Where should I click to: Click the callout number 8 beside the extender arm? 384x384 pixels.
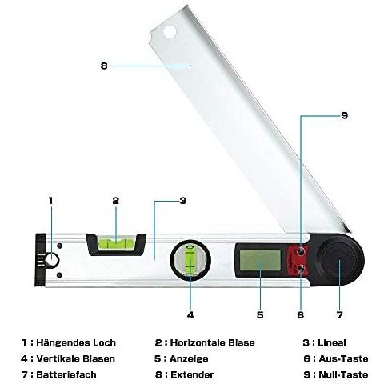pyautogui.click(x=104, y=66)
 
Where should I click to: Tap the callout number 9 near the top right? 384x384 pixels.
pyautogui.click(x=345, y=115)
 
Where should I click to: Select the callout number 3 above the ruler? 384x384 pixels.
pyautogui.click(x=182, y=201)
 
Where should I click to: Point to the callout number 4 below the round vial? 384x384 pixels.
pyautogui.click(x=190, y=315)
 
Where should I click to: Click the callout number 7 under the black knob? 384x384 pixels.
pyautogui.click(x=339, y=315)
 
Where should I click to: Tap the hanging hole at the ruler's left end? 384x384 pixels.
pyautogui.click(x=51, y=260)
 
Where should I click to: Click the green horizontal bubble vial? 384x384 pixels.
pyautogui.click(x=116, y=243)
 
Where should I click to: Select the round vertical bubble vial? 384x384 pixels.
pyautogui.click(x=190, y=260)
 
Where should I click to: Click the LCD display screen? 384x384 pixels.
pyautogui.click(x=260, y=260)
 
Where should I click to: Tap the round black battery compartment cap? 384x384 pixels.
pyautogui.click(x=339, y=260)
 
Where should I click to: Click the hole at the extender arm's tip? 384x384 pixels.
pyautogui.click(x=170, y=32)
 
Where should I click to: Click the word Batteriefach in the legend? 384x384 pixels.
pyautogui.click(x=66, y=374)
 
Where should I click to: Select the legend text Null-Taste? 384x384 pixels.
pyautogui.click(x=343, y=374)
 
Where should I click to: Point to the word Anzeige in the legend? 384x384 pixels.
pyautogui.click(x=189, y=358)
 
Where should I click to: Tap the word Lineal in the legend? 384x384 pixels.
pyautogui.click(x=332, y=342)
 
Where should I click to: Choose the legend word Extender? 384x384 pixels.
pyautogui.click(x=192, y=374)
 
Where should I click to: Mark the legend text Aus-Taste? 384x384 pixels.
pyautogui.click(x=343, y=358)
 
